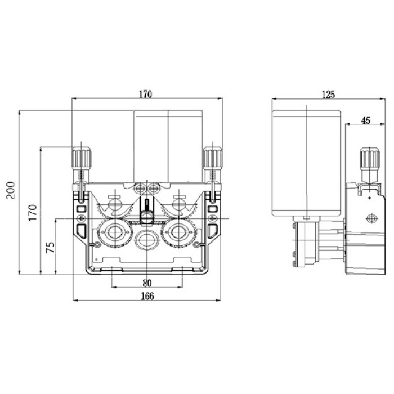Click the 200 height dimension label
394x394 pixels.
pyautogui.click(x=11, y=190)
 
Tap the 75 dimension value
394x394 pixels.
pyautogui.click(x=51, y=247)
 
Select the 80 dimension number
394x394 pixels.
pyautogui.click(x=147, y=283)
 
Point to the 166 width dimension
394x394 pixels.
pyautogui.click(x=147, y=296)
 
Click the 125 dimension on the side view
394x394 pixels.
pyautogui.click(x=328, y=95)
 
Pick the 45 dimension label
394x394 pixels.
pyautogui.click(x=366, y=120)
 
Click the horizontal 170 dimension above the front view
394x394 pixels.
pyautogui.click(x=145, y=94)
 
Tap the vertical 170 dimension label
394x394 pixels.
pyautogui.click(x=33, y=213)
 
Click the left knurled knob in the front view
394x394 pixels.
pyautogui.click(x=82, y=158)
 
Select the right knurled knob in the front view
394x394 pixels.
pyautogui.click(x=213, y=158)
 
